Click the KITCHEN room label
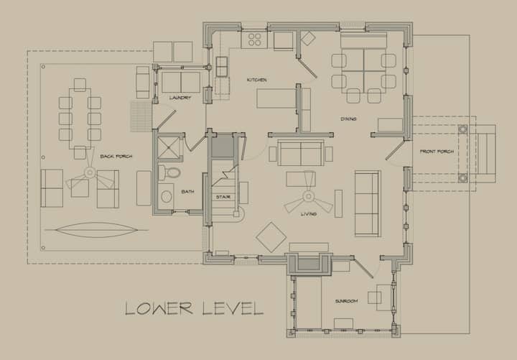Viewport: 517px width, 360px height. (257, 80)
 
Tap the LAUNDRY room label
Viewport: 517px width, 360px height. (180, 98)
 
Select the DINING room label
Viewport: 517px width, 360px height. (348, 119)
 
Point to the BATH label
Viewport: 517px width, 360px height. (187, 191)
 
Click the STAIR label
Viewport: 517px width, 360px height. (223, 197)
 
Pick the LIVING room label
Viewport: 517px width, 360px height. (309, 214)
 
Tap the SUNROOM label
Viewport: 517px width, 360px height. (347, 301)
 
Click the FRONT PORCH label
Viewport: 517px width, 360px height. (437, 152)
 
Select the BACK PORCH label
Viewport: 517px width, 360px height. (116, 156)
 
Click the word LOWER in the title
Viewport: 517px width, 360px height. (159, 308)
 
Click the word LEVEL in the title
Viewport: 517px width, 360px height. (233, 308)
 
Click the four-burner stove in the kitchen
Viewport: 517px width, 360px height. (254, 40)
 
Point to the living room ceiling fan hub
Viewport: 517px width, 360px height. (308, 197)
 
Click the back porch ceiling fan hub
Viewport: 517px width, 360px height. (90, 172)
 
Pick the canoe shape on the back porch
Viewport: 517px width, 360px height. (96, 230)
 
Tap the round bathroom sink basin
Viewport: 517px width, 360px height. (166, 197)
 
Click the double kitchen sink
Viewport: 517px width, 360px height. (222, 67)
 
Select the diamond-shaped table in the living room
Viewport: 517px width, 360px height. (271, 237)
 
